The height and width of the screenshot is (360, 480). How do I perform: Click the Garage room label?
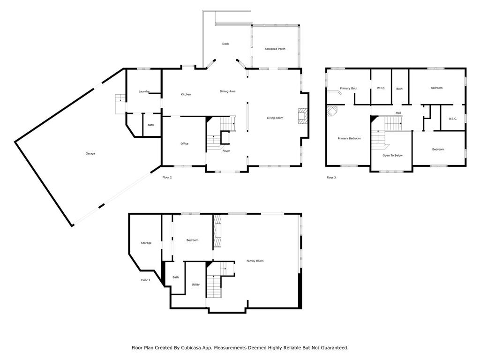pos(90,154)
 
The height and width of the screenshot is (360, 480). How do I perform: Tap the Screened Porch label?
pos(275,49)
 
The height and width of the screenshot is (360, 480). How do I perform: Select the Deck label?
pos(225,44)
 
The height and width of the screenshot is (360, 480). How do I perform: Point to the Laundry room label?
pos(144,91)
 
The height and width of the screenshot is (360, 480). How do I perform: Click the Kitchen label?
pos(186,95)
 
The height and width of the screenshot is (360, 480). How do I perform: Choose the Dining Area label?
pos(227,91)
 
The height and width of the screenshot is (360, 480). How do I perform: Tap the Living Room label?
pos(275,118)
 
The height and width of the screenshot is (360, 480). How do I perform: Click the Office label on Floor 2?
pos(185,143)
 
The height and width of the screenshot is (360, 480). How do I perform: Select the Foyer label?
pos(226,151)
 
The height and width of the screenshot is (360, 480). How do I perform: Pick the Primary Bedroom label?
pos(350,138)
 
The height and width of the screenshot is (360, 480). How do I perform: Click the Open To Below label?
pos(392,156)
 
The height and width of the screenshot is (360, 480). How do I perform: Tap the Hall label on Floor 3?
pos(398,113)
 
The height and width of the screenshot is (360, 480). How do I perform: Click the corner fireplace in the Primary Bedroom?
pos(331,111)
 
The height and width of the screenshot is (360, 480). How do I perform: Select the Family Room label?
pos(255,261)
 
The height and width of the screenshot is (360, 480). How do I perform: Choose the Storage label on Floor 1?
pos(146,243)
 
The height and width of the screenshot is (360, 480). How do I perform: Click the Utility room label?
pos(195,285)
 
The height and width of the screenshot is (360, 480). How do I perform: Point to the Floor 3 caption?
pos(331,178)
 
